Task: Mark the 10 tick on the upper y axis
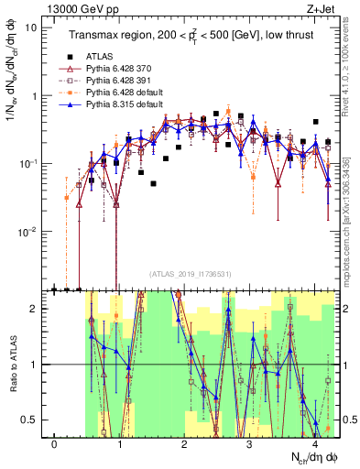tap(32, 27)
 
